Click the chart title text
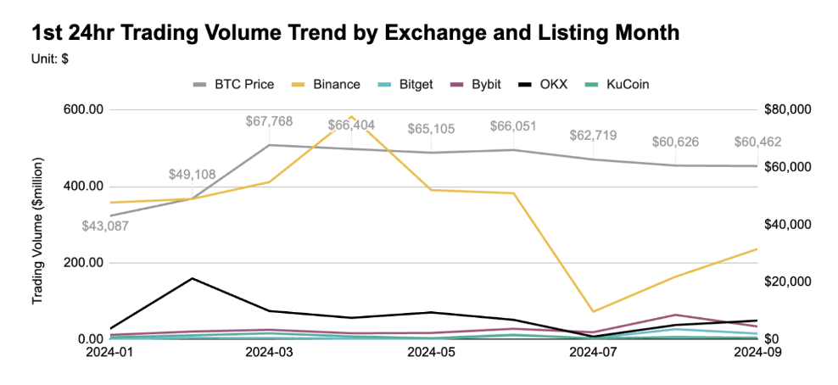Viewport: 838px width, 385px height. point(355,33)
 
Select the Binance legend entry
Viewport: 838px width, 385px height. point(326,84)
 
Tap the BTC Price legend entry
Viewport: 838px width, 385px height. point(233,84)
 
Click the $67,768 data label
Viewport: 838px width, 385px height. point(269,121)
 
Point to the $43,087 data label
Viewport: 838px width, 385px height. point(105,226)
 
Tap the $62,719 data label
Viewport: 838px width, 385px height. point(593,135)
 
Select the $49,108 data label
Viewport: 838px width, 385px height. point(192,174)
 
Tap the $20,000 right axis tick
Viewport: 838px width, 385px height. point(787,282)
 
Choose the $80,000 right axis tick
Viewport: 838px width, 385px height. point(787,110)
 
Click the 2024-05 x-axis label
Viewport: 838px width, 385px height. point(432,353)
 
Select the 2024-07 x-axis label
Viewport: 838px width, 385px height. point(594,353)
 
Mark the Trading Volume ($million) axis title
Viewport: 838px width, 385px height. point(37,231)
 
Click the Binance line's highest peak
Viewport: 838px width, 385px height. point(351,116)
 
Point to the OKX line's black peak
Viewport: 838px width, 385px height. point(192,278)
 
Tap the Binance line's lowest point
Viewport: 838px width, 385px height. point(593,311)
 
